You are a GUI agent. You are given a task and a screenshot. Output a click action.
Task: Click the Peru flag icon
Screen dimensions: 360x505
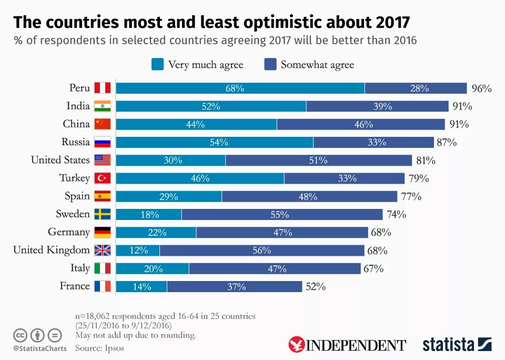click(103, 88)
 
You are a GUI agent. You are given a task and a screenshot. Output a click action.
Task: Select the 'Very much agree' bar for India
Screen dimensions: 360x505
click(211, 106)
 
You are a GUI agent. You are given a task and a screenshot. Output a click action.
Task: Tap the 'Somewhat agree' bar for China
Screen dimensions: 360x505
click(361, 124)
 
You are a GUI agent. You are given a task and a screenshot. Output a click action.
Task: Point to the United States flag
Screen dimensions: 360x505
click(103, 160)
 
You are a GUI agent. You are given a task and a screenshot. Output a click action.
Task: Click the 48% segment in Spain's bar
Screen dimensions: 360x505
click(309, 196)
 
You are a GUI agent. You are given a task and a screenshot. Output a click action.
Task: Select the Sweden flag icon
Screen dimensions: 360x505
click(103, 214)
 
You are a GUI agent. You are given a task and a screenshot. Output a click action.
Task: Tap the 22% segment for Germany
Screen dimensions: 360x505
click(156, 232)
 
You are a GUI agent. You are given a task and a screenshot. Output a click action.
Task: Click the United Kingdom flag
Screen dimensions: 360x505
click(103, 250)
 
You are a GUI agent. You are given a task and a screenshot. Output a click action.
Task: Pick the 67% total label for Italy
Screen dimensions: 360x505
click(373, 268)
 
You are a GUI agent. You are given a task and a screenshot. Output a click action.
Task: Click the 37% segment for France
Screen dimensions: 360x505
click(235, 286)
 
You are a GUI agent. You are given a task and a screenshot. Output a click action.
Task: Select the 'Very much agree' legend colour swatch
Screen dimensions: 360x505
click(157, 64)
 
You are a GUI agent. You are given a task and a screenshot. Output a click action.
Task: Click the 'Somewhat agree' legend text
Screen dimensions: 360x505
click(317, 65)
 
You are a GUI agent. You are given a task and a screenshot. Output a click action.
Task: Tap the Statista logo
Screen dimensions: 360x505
click(457, 345)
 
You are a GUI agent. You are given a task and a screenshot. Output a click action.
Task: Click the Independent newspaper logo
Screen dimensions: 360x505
click(347, 345)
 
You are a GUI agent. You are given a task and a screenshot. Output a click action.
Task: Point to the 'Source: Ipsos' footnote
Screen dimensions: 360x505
click(99, 348)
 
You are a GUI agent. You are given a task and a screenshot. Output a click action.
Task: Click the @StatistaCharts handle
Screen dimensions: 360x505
click(40, 348)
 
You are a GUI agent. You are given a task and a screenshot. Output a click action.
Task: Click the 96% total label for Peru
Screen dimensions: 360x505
click(481, 88)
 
